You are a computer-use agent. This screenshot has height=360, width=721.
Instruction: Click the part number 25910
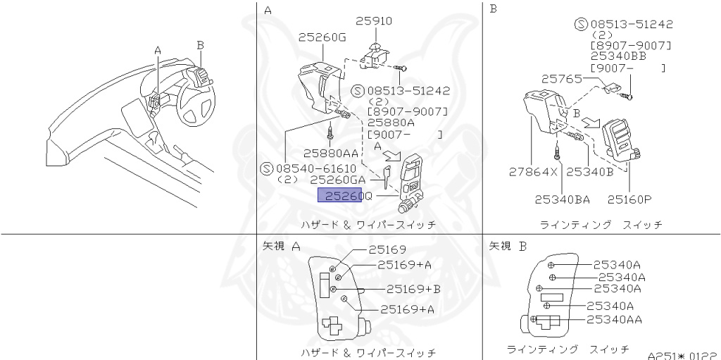(x=373, y=21)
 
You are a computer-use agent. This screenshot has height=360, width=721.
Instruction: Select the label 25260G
(x=322, y=37)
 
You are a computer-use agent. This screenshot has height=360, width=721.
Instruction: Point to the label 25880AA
(x=331, y=153)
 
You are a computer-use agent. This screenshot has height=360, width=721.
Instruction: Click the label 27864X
(x=533, y=170)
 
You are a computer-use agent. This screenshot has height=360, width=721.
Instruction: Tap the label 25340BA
(x=562, y=199)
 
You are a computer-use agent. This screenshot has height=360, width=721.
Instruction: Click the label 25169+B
(x=413, y=289)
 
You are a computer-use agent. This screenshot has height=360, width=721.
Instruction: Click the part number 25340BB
(x=619, y=56)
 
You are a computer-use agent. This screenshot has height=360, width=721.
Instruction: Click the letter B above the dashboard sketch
(x=201, y=44)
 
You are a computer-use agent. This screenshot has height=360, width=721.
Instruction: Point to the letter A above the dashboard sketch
(x=158, y=51)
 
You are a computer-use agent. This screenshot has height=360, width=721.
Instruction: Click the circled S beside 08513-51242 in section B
(x=582, y=24)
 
